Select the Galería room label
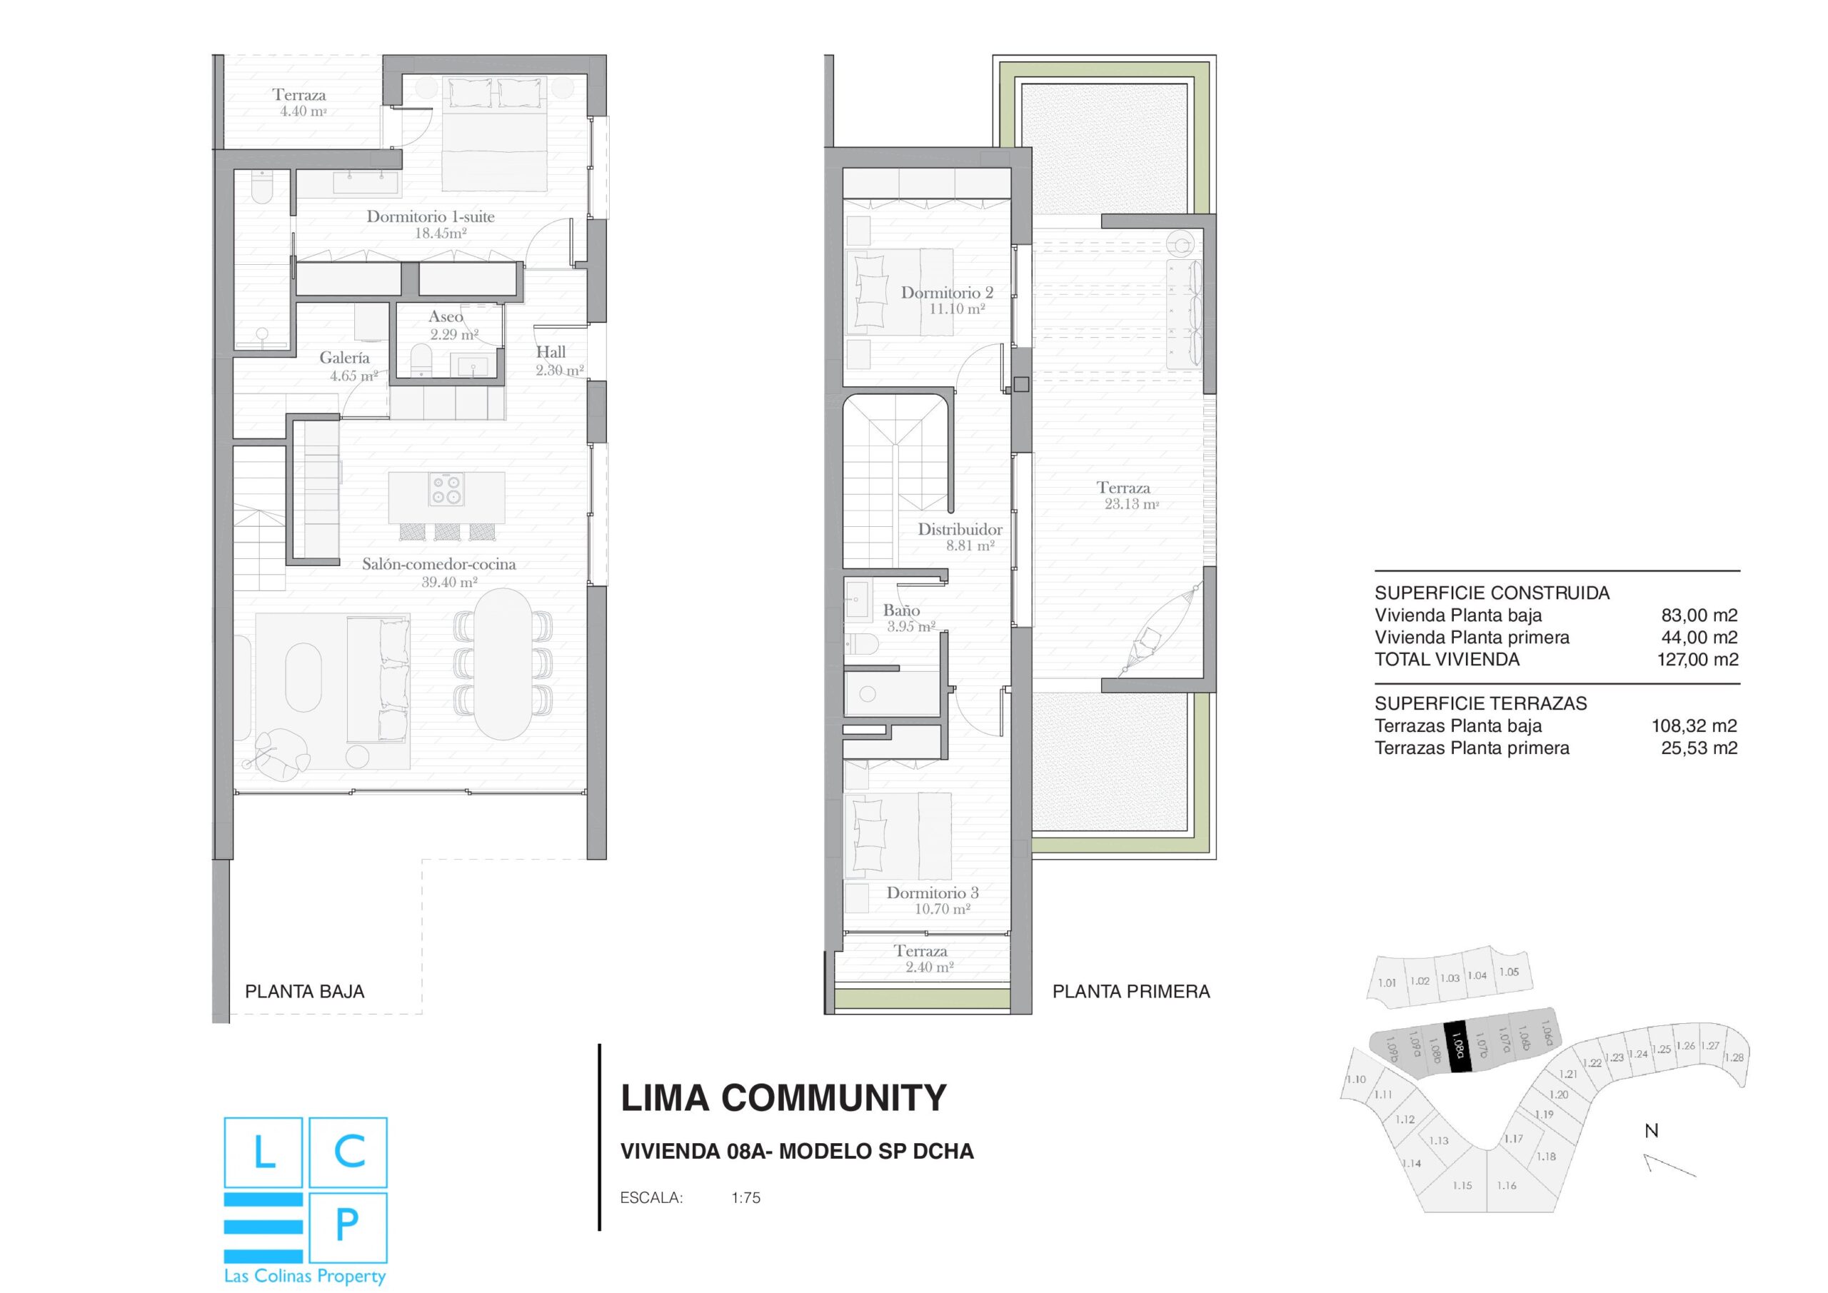tap(345, 358)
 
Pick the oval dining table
tap(503, 664)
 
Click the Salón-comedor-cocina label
tap(438, 564)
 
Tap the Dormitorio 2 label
tap(947, 292)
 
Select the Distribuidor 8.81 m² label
tap(960, 538)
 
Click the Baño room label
tap(901, 610)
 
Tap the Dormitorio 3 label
tap(933, 892)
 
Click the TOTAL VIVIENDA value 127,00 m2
tap(1698, 659)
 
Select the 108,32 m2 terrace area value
tap(1694, 725)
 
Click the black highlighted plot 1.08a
tap(1457, 1047)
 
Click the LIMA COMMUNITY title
tap(783, 1099)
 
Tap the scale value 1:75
tap(746, 1197)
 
